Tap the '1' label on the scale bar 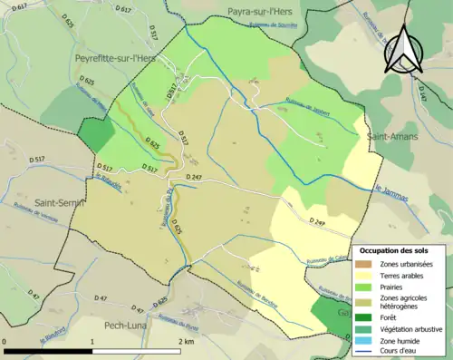[x=93, y=342]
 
